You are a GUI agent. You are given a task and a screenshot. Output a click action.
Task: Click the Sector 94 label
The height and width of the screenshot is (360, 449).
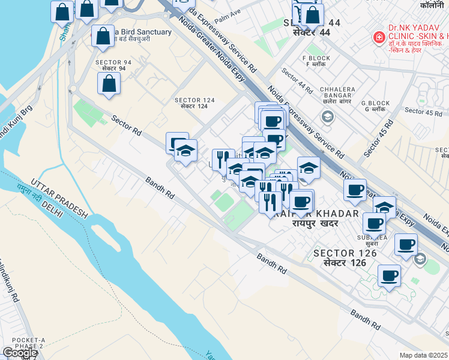coord(114,62)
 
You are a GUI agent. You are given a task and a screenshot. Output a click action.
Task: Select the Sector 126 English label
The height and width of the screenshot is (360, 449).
coord(345,253)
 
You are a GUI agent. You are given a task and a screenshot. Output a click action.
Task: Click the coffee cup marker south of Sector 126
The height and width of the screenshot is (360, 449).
coord(390,276)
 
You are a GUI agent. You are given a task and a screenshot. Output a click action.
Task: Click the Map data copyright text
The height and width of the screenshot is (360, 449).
coord(423,355)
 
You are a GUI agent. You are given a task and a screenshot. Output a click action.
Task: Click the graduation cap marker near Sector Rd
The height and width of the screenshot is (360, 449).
coord(186,151)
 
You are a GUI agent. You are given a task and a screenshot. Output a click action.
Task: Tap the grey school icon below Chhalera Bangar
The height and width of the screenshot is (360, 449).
coord(327,116)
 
